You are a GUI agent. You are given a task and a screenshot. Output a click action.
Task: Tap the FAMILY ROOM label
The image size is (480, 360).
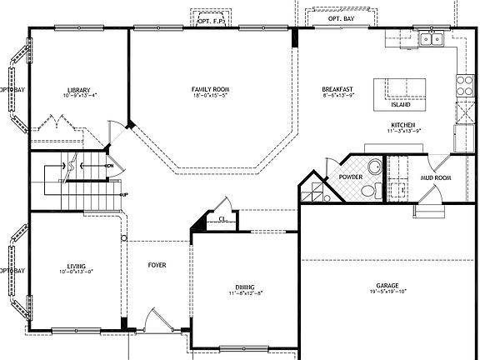point(209,89)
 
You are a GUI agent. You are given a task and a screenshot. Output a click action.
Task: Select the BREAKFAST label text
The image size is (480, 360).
point(337,89)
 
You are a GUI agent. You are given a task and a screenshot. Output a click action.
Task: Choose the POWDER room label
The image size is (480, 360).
point(349,177)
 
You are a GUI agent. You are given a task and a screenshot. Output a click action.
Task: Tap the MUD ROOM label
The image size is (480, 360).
point(436,177)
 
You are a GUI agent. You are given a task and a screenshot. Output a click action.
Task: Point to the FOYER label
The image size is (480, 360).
point(157,265)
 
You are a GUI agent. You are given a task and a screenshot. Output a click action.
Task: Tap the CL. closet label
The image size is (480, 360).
point(222,220)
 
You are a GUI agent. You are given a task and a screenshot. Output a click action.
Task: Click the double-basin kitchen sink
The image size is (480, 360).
point(431,38)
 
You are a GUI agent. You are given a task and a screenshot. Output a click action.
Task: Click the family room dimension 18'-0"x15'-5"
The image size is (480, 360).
point(209,97)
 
